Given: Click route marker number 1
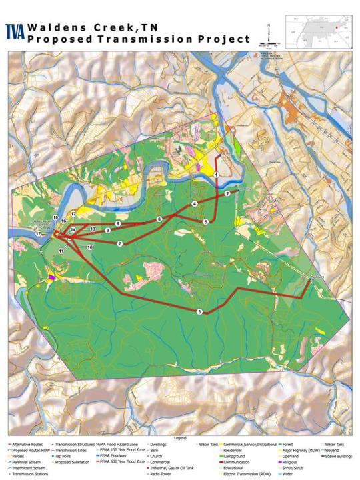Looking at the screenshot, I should [x=217, y=175].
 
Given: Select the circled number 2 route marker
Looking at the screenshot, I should [x=227, y=193].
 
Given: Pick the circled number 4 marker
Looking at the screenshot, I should [x=195, y=203].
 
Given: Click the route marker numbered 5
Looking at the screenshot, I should [x=206, y=221].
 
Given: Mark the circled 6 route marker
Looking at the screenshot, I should [x=159, y=219].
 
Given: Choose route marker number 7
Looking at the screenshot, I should [x=120, y=244].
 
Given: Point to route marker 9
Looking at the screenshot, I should [x=107, y=230].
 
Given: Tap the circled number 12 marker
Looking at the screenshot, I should [x=73, y=214].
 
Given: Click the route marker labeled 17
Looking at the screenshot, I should [x=39, y=235].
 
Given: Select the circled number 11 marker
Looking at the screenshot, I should [x=61, y=251].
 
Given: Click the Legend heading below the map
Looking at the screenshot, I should [x=180, y=438].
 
